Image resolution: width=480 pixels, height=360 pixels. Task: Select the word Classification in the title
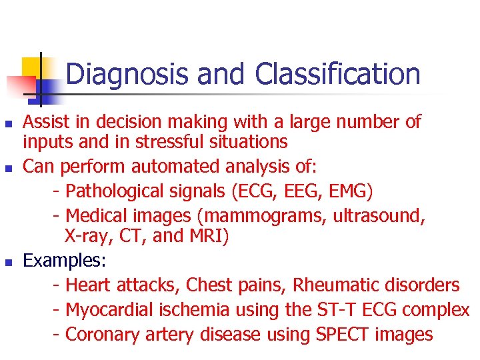pos(338,74)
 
